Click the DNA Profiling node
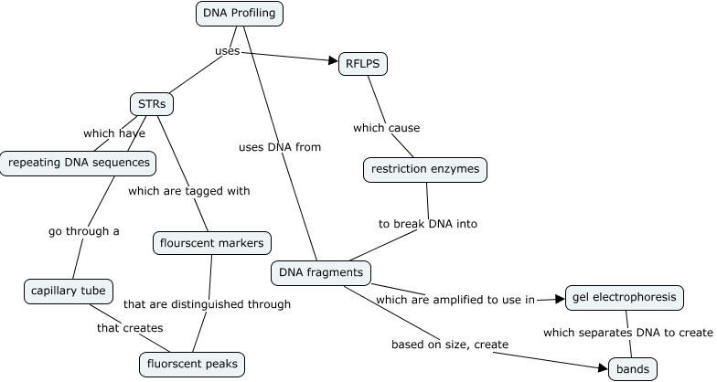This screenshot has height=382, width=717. tap(240, 14)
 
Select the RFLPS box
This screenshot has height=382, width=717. tap(363, 64)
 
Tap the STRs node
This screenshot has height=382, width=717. tap(152, 103)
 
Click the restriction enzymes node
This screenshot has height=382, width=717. tap(424, 169)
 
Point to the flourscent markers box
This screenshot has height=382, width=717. tap(211, 243)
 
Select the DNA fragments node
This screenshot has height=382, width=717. tap(320, 272)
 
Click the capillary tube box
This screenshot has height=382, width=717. tap(68, 292)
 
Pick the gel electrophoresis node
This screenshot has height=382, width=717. tap(625, 297)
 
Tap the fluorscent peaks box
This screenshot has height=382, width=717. tap(192, 364)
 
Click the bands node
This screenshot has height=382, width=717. tap(632, 369)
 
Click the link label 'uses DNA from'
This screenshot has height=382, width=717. tap(280, 146)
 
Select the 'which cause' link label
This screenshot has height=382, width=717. tap(386, 127)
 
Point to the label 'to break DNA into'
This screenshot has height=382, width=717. tap(428, 223)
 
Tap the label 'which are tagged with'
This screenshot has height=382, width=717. tap(189, 191)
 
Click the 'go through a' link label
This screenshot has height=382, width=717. tap(84, 231)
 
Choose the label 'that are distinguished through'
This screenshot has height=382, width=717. tap(207, 304)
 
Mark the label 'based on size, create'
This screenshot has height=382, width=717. tap(450, 344)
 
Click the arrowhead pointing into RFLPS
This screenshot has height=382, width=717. tap(333, 61)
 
